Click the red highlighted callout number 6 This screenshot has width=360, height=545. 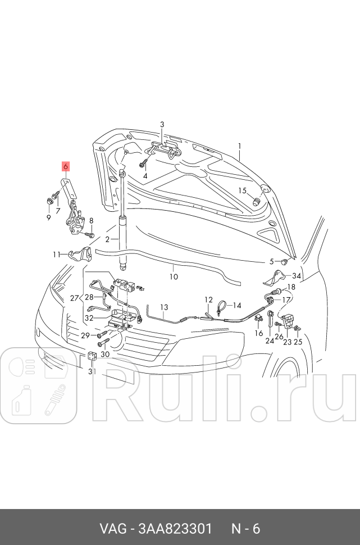tap(65, 166)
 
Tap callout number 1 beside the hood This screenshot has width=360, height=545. tap(239, 147)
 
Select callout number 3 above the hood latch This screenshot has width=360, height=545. tap(162, 124)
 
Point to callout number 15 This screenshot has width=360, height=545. tap(242, 190)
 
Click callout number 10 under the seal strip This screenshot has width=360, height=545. tap(174, 276)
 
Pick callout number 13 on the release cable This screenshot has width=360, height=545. tap(164, 307)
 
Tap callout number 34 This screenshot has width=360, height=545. tap(297, 276)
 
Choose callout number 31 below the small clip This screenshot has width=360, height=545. tap(93, 371)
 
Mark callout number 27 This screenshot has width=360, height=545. tap(75, 298)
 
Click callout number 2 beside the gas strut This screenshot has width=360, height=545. tap(107, 239)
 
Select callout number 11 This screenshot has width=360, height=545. tap(57, 255)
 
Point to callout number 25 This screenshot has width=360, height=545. tap(298, 342)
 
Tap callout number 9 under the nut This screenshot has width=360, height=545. tap(48, 217)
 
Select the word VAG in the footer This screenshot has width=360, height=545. tap(112, 529)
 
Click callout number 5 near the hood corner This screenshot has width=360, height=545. tap(271, 261)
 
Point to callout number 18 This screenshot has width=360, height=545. tap(291, 287)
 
